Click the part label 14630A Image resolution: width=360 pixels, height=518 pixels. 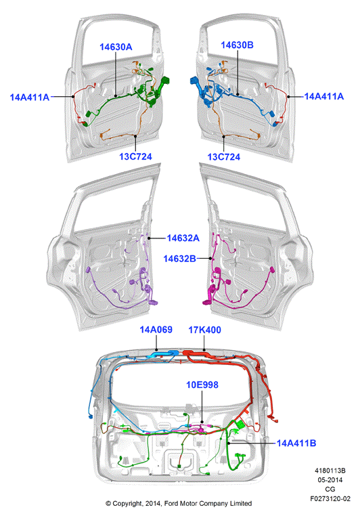(116, 47)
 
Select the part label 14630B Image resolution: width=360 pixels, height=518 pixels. (237, 45)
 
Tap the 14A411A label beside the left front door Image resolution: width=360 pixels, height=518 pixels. (30, 97)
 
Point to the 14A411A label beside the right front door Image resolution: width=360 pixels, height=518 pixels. (324, 96)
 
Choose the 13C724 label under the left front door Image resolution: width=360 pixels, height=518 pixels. (135, 156)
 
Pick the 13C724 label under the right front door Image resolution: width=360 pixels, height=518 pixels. (223, 156)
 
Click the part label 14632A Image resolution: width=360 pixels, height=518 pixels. (183, 238)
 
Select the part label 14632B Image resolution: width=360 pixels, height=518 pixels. (180, 259)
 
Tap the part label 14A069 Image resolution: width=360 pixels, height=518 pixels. (156, 329)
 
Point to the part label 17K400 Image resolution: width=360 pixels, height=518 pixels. (205, 330)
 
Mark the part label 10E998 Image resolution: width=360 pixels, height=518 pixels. (202, 385)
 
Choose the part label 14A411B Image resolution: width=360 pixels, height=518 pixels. (296, 443)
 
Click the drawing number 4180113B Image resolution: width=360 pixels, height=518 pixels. (330, 471)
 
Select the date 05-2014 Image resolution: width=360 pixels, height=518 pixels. (330, 479)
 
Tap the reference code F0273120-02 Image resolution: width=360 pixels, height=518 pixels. (330, 498)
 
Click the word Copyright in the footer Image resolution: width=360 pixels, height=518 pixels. (127, 504)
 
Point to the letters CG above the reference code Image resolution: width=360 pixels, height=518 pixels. (330, 489)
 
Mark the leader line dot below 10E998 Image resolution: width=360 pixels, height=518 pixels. (202, 422)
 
